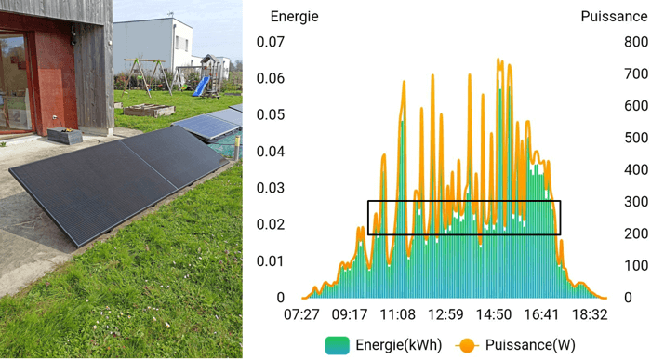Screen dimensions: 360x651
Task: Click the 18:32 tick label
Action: [x=589, y=314]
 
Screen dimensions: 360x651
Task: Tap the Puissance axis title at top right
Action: [x=612, y=16]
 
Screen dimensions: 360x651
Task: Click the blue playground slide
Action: [x=199, y=86]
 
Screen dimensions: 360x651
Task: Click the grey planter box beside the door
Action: [x=64, y=136]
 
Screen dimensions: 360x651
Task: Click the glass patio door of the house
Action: [x=15, y=84]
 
